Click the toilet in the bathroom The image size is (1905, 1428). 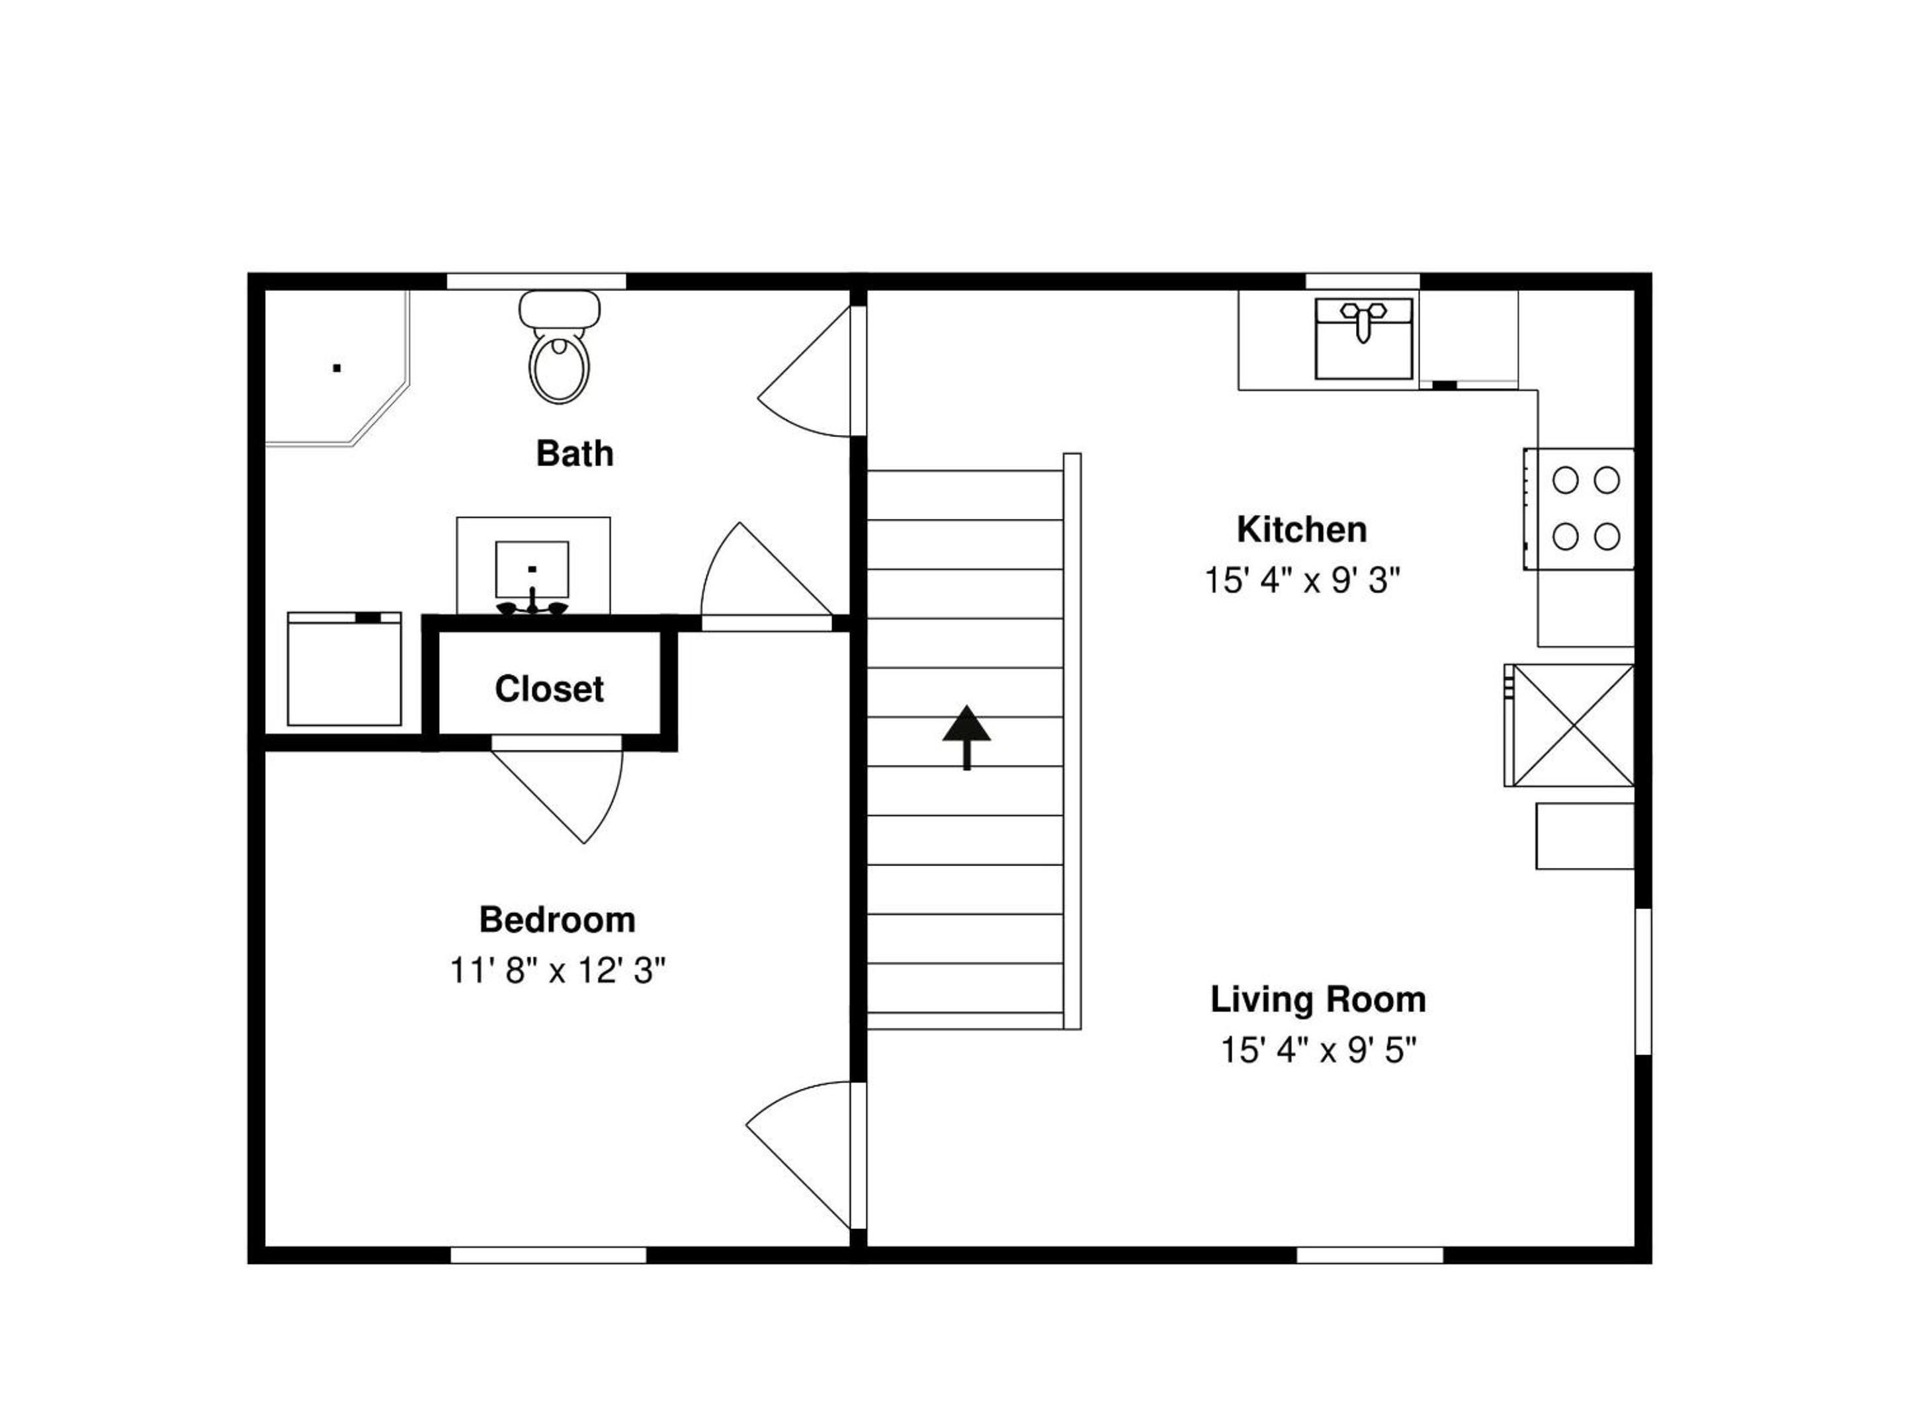(x=560, y=347)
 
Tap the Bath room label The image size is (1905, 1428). (x=574, y=454)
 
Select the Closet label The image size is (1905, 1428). (x=550, y=689)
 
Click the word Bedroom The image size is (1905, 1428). (x=557, y=920)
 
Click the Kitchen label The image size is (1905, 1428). (x=1301, y=530)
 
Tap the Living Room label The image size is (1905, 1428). (x=1318, y=1000)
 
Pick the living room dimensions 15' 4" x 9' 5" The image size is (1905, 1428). (x=1318, y=1050)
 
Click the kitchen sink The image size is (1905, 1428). (x=1363, y=338)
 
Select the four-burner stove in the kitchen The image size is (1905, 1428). (x=1579, y=508)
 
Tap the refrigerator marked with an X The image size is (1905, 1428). (x=1569, y=725)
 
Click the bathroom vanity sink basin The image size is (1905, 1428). (x=532, y=569)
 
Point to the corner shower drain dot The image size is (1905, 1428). (x=337, y=368)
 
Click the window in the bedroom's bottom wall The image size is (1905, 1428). (x=548, y=1255)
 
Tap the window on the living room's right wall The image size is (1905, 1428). (x=1643, y=980)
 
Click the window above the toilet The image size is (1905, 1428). (x=536, y=282)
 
